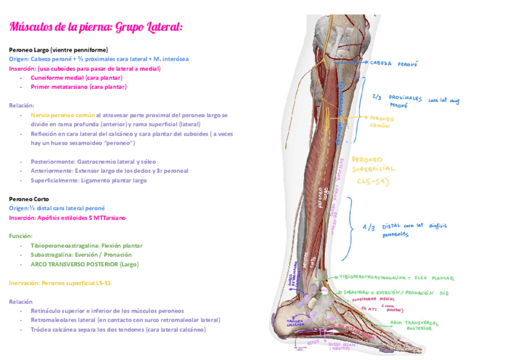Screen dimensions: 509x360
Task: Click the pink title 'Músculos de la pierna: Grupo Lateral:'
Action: click(96, 28)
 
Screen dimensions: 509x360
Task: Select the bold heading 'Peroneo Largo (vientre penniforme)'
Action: click(58, 50)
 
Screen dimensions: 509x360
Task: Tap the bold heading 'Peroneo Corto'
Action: click(29, 199)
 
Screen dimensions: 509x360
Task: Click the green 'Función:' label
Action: click(20, 236)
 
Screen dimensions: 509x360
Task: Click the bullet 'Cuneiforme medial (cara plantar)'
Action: click(76, 77)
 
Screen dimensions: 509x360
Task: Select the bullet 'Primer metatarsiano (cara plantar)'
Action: click(79, 87)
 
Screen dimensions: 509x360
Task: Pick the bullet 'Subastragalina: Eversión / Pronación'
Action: click(82, 254)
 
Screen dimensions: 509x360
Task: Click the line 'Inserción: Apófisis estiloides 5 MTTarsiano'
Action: click(67, 218)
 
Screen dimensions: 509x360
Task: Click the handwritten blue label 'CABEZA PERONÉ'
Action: click(394, 63)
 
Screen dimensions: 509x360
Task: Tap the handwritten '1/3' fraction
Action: click(369, 227)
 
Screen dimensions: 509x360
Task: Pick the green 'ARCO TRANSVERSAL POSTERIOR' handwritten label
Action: click(414, 325)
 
